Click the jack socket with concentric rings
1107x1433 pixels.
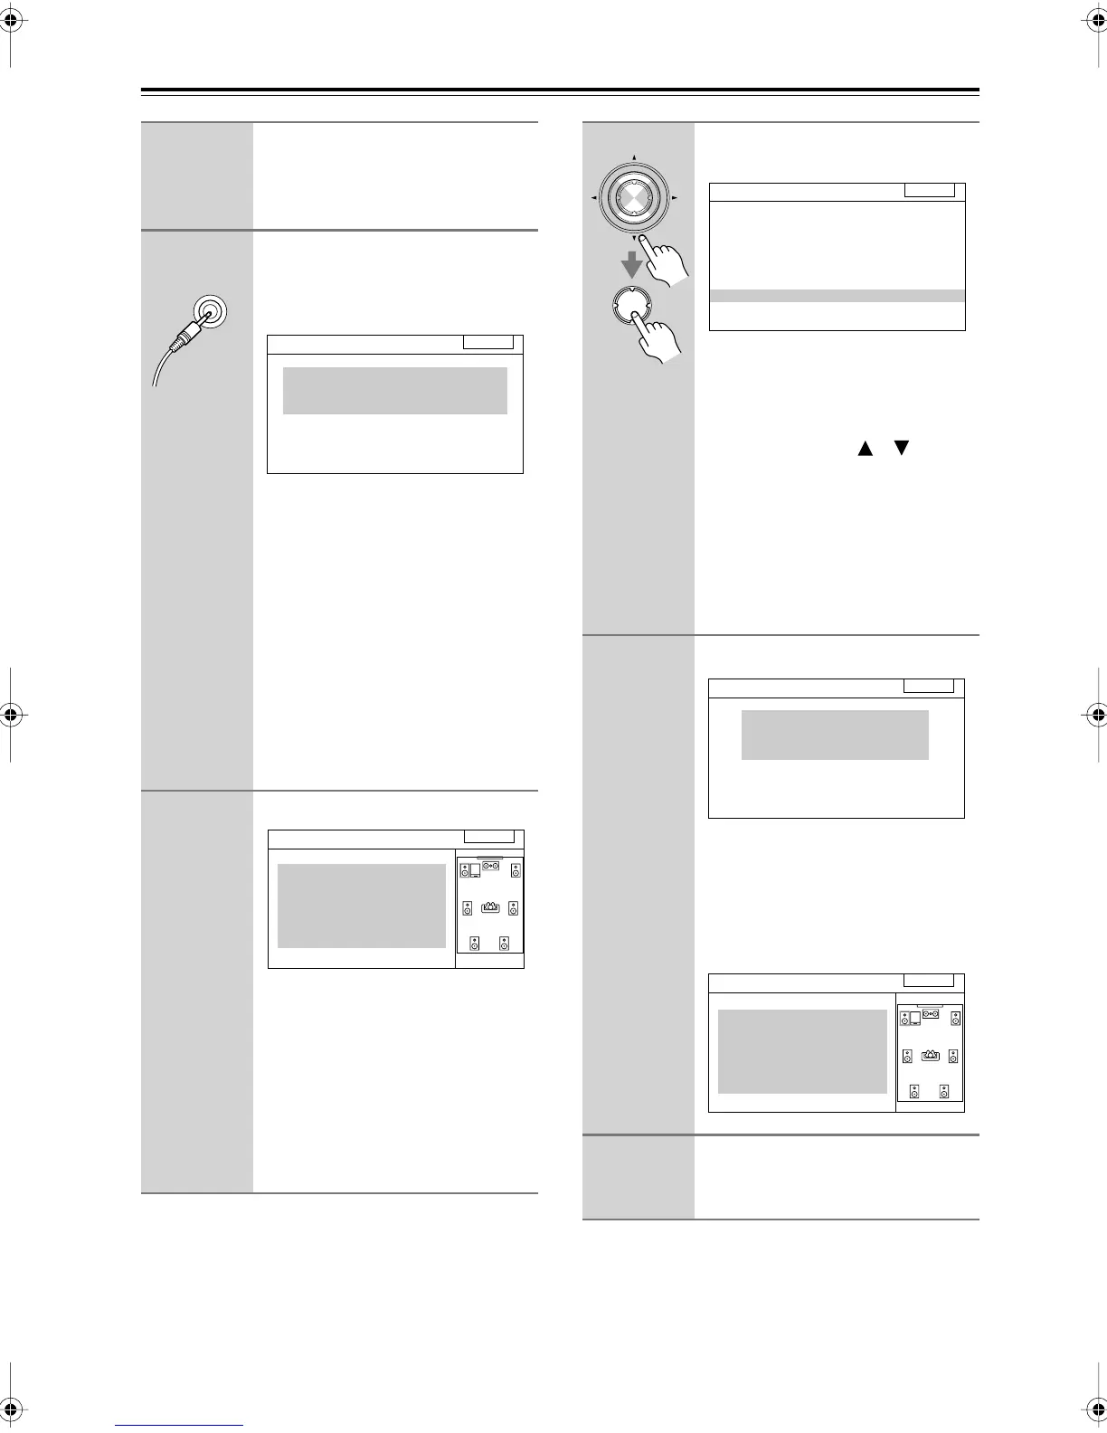click(210, 313)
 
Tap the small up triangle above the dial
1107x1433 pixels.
click(634, 158)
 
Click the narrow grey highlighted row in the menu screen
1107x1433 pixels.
click(837, 296)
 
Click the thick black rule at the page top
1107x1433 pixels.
click(560, 90)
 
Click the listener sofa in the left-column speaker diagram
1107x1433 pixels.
click(491, 906)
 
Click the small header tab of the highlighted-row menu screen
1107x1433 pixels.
click(929, 190)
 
